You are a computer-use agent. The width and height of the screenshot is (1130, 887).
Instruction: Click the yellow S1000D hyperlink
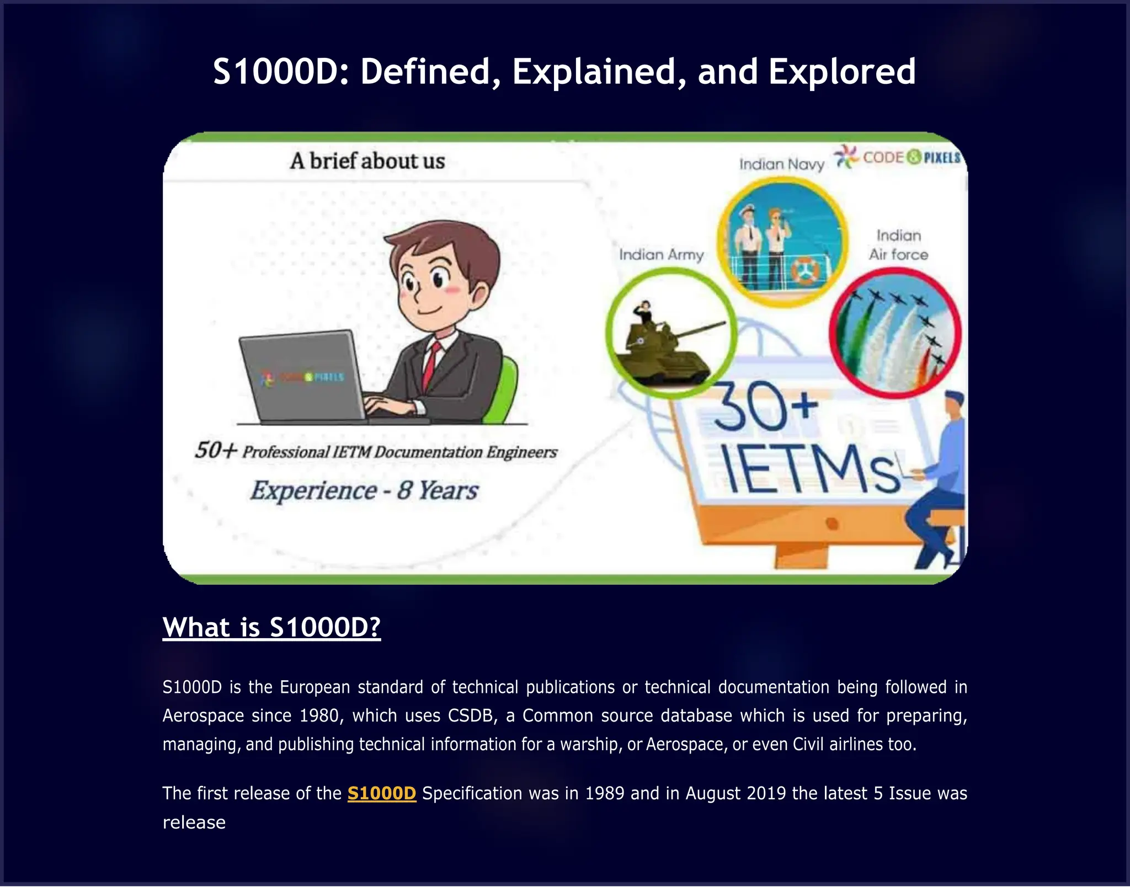(381, 793)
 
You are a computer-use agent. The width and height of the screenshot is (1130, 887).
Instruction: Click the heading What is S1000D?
(271, 627)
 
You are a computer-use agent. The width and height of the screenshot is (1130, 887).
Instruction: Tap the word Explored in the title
(842, 72)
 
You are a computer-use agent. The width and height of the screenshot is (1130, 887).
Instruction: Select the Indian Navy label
(781, 164)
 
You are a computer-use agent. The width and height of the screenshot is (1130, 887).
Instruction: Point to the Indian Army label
(661, 255)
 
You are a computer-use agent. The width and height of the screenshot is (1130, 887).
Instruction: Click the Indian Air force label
(898, 245)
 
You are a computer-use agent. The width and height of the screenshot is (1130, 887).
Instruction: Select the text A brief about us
(367, 161)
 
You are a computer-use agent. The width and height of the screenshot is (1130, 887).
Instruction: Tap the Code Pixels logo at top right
(898, 157)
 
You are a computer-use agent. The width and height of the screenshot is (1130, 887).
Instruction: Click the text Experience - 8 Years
(364, 490)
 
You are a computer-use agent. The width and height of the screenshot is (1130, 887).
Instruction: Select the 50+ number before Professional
(215, 450)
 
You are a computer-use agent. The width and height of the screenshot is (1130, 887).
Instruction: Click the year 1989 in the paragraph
(605, 793)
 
